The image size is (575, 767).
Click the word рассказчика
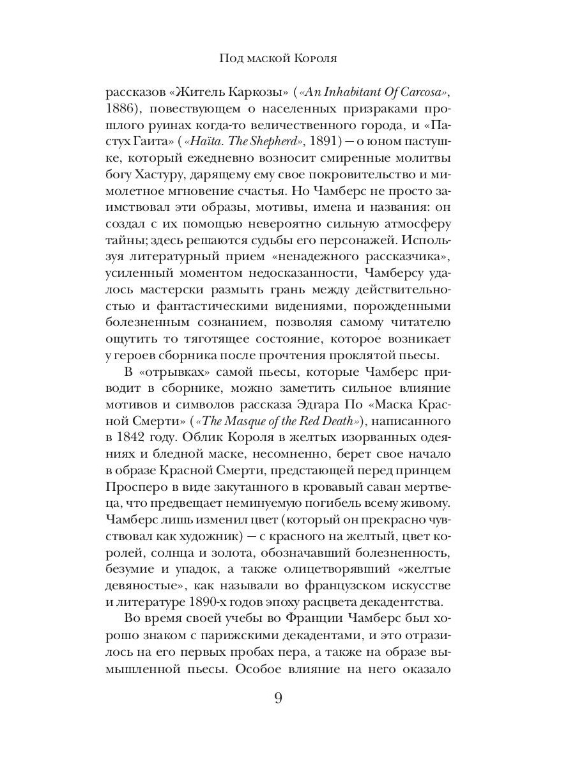[x=406, y=241]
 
